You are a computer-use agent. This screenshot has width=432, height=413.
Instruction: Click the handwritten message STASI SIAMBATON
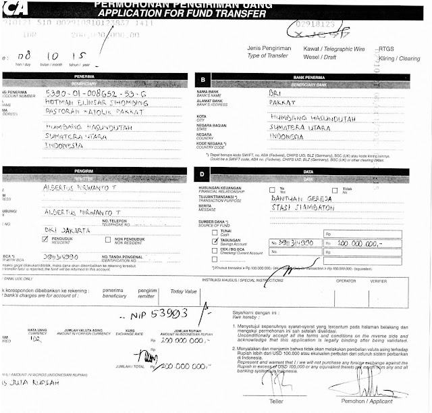(304, 209)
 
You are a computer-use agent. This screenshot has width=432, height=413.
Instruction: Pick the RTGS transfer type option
(387, 49)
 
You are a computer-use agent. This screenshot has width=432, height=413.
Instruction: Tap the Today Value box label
(184, 291)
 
